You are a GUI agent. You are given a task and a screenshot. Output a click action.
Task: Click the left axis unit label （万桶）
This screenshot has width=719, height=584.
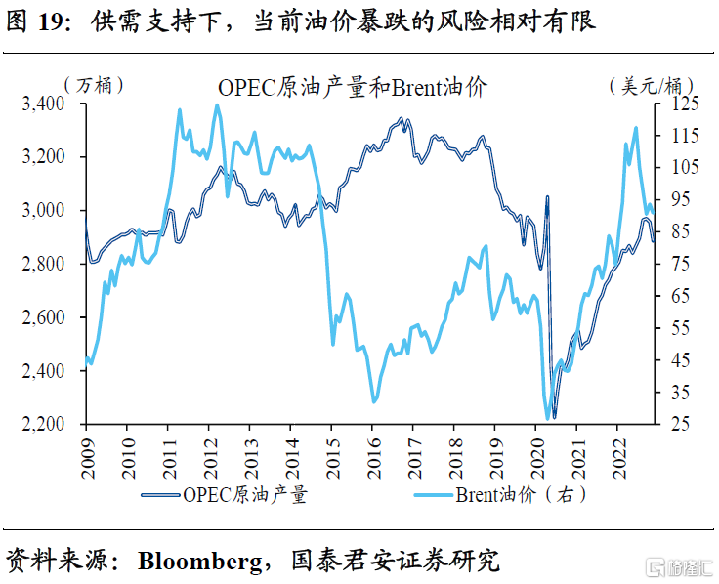93,85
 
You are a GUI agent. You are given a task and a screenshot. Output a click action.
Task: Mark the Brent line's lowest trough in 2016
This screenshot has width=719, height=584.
373,400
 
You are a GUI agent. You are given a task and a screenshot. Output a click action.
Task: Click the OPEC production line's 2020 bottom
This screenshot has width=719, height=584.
554,417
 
